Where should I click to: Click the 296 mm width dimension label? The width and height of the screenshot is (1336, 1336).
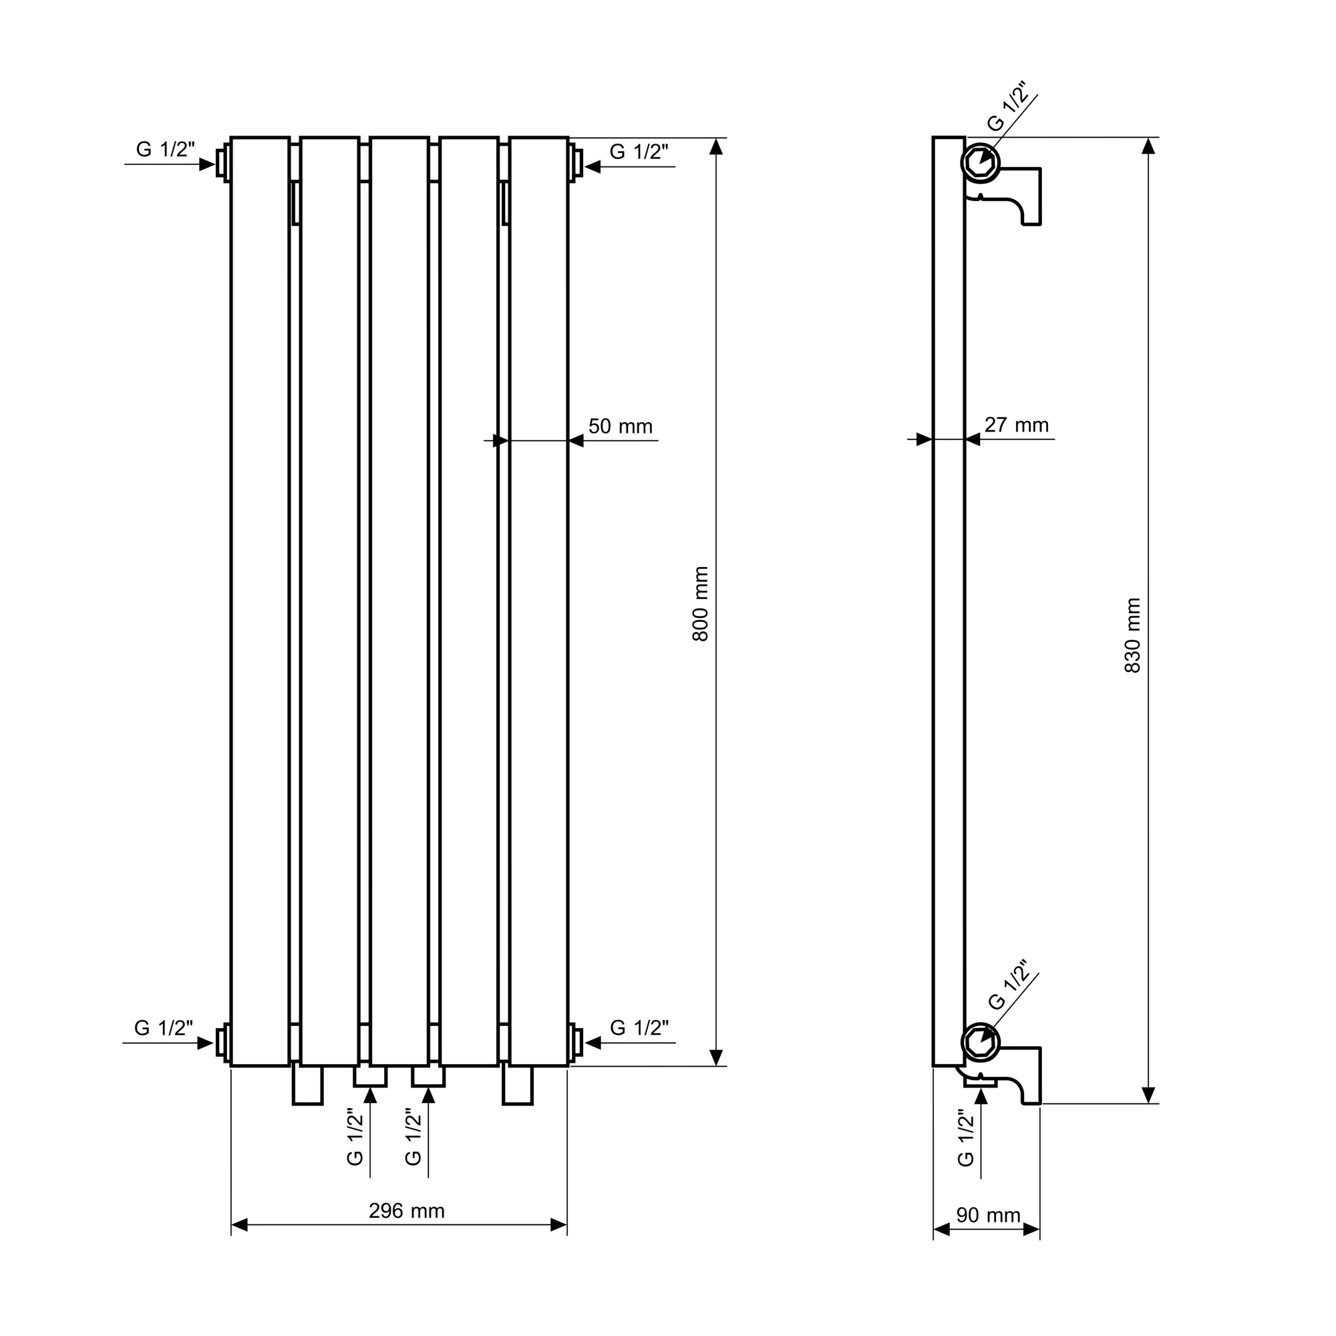[x=406, y=1211]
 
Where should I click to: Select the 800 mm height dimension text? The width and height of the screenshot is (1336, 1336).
[x=701, y=604]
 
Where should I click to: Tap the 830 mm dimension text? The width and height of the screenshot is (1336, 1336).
[x=1133, y=635]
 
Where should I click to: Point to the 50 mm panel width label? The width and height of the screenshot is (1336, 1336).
[x=621, y=426]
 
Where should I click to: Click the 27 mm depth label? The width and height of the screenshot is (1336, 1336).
[x=1017, y=425]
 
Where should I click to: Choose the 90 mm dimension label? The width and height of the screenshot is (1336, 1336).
[x=988, y=1215]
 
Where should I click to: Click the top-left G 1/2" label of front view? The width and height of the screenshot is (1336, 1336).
[x=165, y=149]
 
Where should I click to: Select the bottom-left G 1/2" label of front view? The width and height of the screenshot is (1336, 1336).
[x=163, y=1027]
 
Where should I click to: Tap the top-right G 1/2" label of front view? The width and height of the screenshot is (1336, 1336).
[x=639, y=152]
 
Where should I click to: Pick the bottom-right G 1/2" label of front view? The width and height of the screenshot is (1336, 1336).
[x=640, y=1027]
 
